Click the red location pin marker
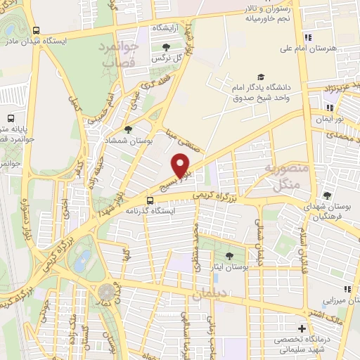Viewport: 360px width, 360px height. click(182, 165)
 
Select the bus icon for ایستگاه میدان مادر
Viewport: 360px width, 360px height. click(36, 30)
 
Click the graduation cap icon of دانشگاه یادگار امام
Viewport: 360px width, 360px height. click(261, 77)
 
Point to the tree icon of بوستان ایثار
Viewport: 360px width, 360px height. click(230, 255)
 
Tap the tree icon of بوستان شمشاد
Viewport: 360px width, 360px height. click(127, 129)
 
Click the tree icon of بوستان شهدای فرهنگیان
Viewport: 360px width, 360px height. click(327, 196)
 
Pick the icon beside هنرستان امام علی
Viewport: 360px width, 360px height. click(307, 37)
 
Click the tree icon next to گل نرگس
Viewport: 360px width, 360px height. click(165, 47)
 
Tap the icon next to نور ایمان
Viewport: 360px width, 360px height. click(329, 108)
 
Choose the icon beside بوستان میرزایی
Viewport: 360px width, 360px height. click(347, 289)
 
